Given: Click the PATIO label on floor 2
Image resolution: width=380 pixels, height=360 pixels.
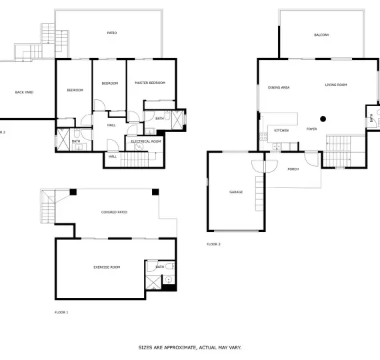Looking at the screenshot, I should coord(112,33).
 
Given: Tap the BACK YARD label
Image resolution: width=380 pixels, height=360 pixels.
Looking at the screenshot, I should coord(24,93).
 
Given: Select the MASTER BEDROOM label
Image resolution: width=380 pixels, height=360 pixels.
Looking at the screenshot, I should coord(150,83).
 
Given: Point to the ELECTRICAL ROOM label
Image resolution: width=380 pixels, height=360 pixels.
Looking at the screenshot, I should coord(145,141).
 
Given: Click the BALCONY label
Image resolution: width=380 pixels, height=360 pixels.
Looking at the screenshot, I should coord(321,35).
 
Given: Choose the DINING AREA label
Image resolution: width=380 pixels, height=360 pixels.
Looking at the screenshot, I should coord(279,87).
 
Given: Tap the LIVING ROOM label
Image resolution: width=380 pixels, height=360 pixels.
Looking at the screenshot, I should coord(336,85).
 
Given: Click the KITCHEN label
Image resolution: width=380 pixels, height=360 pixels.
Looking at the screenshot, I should coord(281,130).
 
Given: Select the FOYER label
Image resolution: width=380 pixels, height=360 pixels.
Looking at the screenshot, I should coord(311,129).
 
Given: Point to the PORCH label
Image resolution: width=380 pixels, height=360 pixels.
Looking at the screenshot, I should coord(293,169).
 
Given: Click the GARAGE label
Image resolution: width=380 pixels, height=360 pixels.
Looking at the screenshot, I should coord(236,192).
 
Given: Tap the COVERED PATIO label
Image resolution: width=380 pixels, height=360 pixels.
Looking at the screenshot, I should coord(114,212).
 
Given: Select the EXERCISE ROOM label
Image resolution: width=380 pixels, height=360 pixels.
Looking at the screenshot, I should coord(107,267).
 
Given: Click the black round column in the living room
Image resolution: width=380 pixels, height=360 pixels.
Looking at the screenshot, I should coord(323,119).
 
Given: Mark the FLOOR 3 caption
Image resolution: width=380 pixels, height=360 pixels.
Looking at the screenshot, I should coord(213,244).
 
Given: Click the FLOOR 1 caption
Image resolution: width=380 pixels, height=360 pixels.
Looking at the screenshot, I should coord(61,311).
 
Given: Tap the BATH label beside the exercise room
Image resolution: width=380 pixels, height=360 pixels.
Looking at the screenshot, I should coord(160,267).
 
